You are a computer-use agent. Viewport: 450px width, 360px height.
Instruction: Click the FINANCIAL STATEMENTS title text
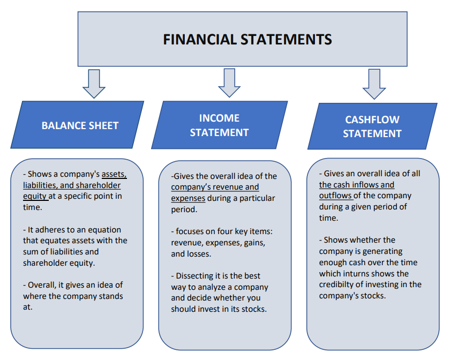tap(247, 40)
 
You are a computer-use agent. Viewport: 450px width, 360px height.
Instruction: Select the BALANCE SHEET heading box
tap(80, 125)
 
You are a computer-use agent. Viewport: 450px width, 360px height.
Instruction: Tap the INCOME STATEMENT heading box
tap(219, 125)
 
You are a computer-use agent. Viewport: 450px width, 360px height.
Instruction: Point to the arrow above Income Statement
tap(229, 82)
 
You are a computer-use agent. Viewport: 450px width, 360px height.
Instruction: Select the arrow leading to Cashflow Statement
tap(374, 84)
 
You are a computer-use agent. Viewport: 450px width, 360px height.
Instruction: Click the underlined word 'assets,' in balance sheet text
tap(114, 174)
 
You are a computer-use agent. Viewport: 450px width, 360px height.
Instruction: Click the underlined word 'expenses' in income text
tap(188, 198)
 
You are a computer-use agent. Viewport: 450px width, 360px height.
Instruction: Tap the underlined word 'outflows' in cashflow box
tap(335, 196)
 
